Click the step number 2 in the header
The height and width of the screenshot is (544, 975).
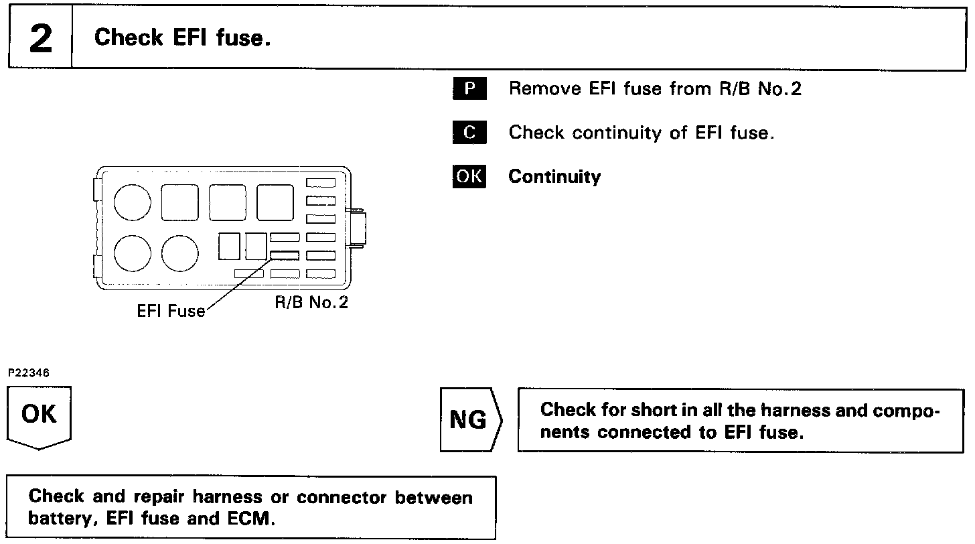coord(40,39)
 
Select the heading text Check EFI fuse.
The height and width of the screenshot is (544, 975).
coord(182,38)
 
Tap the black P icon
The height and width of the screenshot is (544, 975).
coord(469,89)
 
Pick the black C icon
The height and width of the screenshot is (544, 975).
coord(469,133)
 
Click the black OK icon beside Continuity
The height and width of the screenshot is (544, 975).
coord(469,176)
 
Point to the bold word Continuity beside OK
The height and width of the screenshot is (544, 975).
coord(554,177)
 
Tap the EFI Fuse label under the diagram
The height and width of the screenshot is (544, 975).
coord(171,312)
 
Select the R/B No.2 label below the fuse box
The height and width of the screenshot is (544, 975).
coord(311,302)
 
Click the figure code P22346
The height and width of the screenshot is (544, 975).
coord(29,372)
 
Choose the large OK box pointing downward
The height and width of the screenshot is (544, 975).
coord(40,415)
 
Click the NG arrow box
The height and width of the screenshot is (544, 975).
coord(469,420)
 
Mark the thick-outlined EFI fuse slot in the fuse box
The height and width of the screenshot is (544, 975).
coord(285,255)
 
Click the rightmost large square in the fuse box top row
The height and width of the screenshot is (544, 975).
coord(275,202)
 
